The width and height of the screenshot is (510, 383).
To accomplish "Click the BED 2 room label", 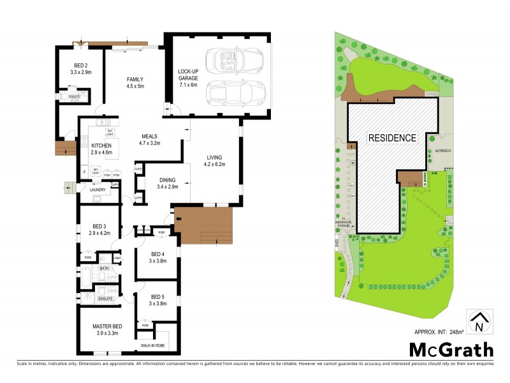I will click(x=80, y=66).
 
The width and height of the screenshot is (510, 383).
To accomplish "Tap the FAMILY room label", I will click(x=135, y=79).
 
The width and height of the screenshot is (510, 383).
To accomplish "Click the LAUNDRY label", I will click(x=98, y=189).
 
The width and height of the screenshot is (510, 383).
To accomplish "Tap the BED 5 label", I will click(x=157, y=296).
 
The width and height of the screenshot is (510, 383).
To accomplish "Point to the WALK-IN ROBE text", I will click(x=154, y=345).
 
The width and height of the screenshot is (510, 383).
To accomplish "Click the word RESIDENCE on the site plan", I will click(x=391, y=137).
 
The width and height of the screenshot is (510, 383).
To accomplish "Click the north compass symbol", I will click(x=479, y=322).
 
